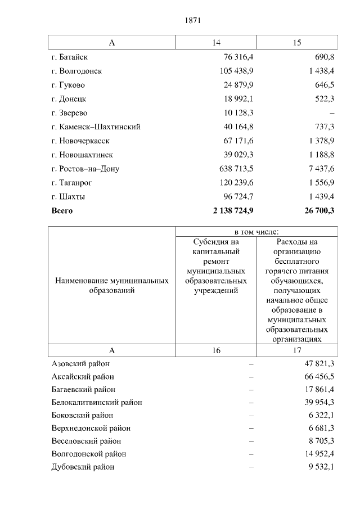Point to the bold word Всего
[x=62, y=211]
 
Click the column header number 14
[x=217, y=43]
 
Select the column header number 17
[x=297, y=350]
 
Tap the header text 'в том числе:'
[x=256, y=232]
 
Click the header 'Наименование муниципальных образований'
[x=112, y=285]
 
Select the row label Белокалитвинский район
[x=97, y=402]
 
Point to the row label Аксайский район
[x=83, y=376]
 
